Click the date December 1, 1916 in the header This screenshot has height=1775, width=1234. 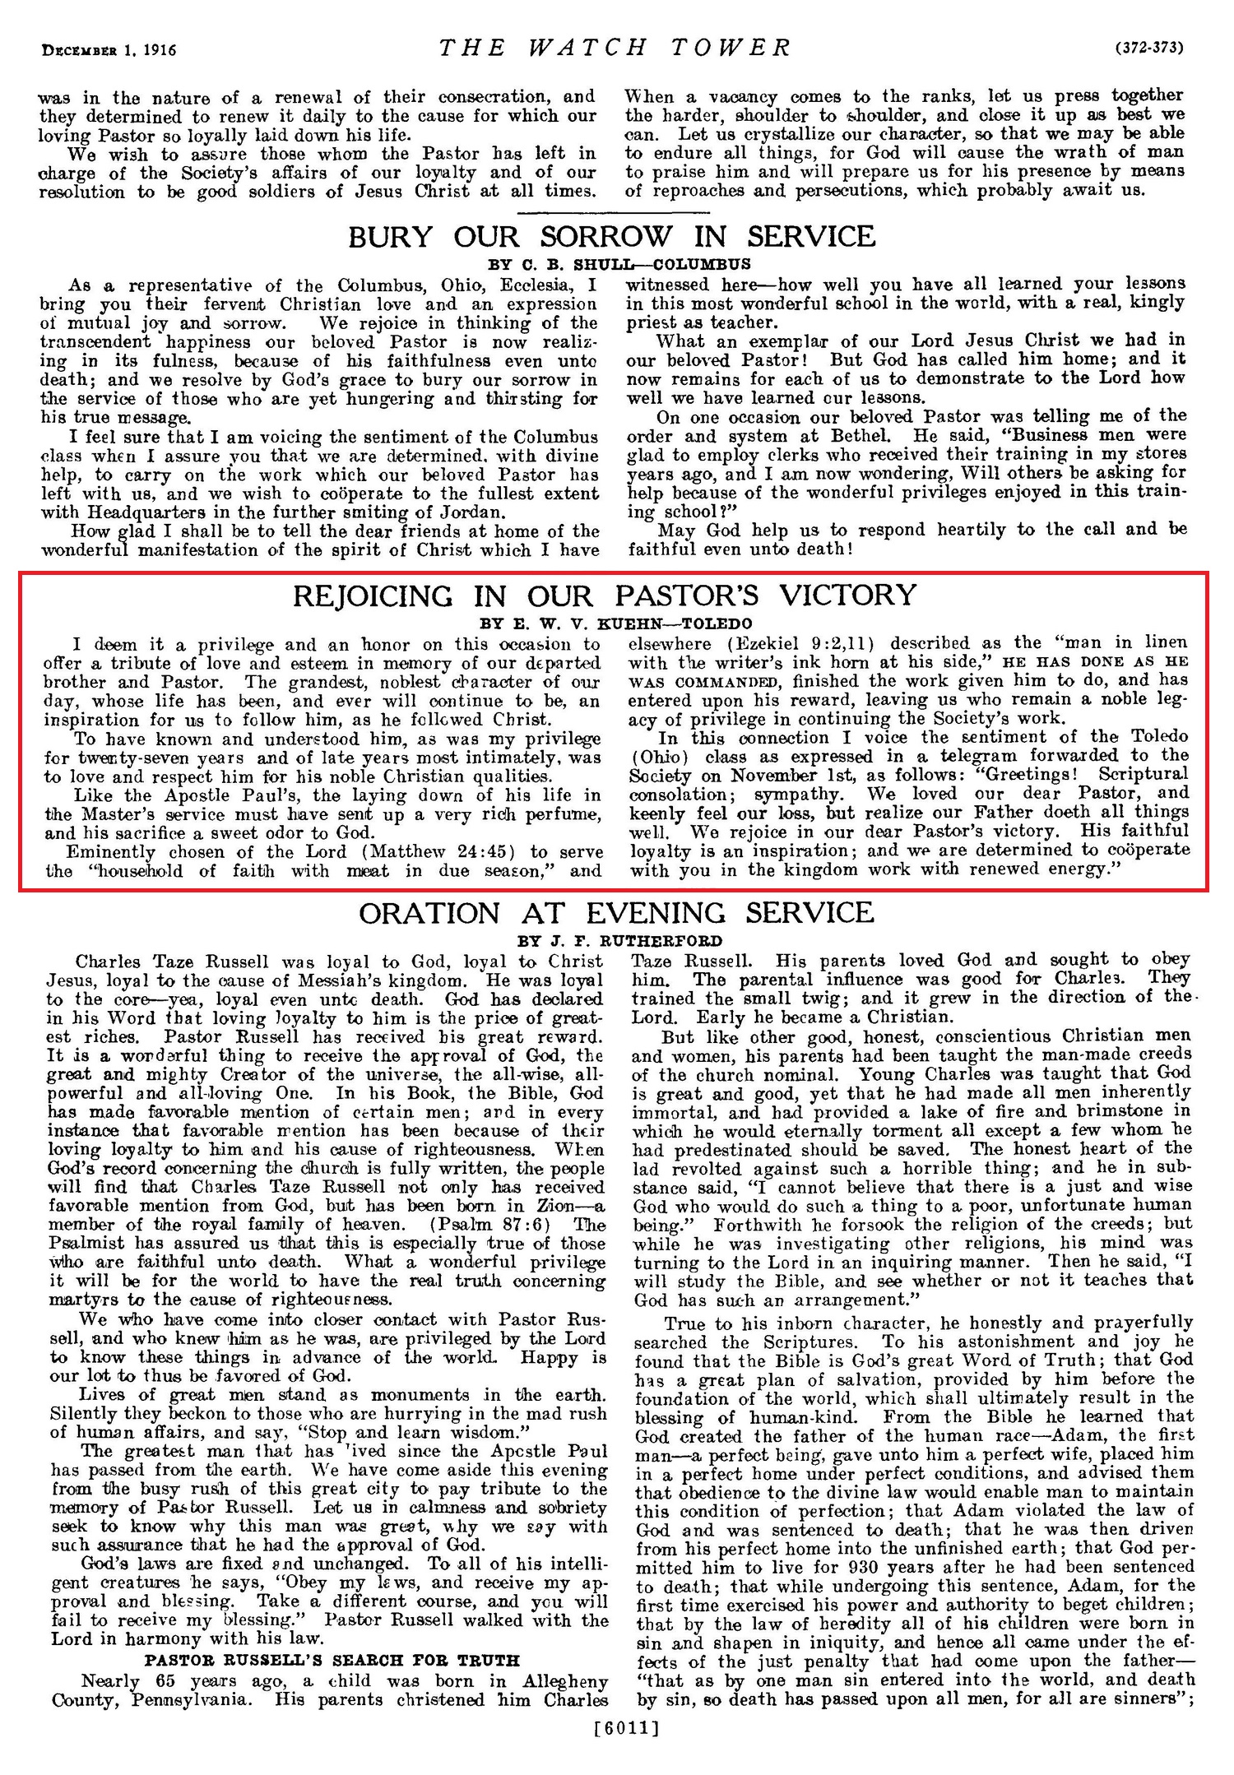[109, 49]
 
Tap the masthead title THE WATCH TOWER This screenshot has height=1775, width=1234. [615, 48]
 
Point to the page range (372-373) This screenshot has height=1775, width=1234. [1149, 49]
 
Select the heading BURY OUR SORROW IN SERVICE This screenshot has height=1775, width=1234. [612, 238]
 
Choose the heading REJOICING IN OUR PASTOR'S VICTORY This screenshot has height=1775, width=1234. [605, 596]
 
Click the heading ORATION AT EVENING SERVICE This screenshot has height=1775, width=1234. [616, 914]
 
